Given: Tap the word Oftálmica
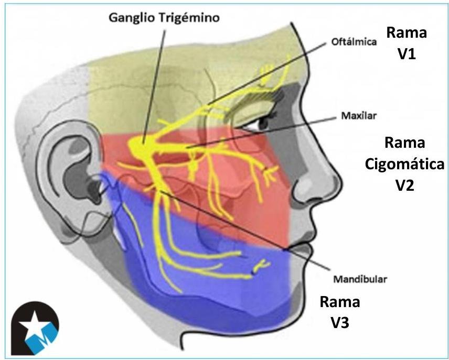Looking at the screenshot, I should click(354, 42).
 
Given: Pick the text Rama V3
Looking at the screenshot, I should click(340, 313).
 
